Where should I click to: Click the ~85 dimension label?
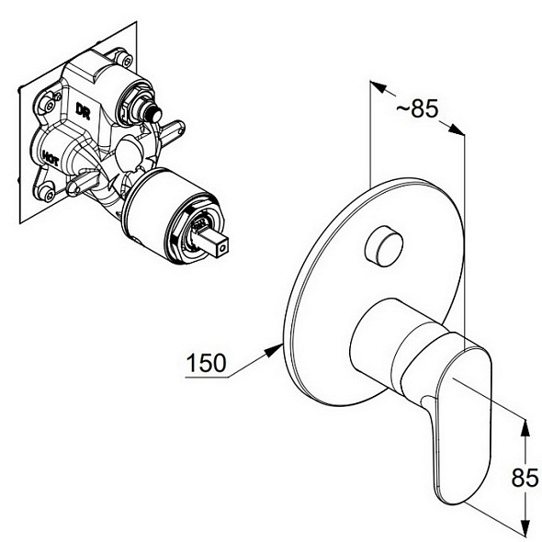pyautogui.click(x=417, y=108)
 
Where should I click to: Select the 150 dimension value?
pyautogui.click(x=206, y=363)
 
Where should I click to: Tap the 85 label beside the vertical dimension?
pyautogui.click(x=525, y=478)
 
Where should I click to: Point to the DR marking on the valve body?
pyautogui.click(x=83, y=112)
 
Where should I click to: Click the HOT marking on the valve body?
pyautogui.click(x=51, y=159)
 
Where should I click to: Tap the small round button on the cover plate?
pyautogui.click(x=384, y=246)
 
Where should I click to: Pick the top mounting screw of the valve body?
pyautogui.click(x=123, y=59)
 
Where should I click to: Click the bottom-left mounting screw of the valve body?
pyautogui.click(x=48, y=194)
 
